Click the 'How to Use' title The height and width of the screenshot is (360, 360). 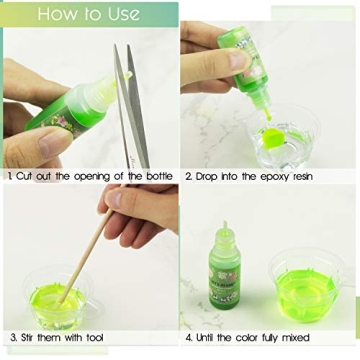[90, 14]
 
